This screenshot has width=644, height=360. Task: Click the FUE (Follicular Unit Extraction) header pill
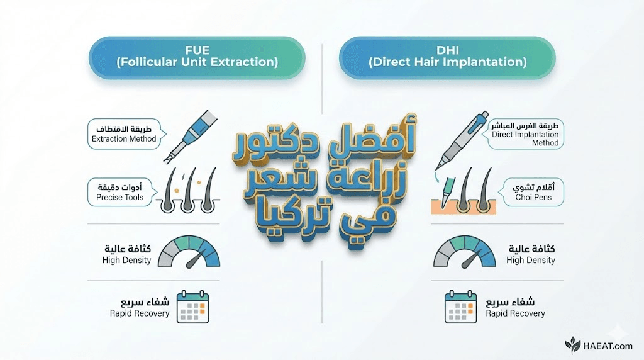tap(197, 57)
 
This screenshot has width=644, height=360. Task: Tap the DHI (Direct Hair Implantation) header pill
tap(447, 57)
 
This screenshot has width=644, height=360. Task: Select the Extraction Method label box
tap(125, 134)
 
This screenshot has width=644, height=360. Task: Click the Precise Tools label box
tap(122, 193)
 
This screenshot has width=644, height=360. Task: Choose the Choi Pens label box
tap(531, 192)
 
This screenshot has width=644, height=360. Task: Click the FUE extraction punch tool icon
tap(190, 136)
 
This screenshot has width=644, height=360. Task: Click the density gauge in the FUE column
tap(189, 252)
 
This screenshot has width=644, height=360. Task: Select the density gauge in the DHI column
tap(465, 252)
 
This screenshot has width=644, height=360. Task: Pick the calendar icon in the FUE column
tap(192, 307)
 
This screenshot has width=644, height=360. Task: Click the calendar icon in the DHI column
tap(460, 307)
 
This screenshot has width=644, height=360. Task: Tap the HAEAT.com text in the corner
tap(608, 346)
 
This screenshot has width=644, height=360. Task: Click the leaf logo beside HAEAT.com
tap(573, 345)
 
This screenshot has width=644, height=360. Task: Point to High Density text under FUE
tap(126, 260)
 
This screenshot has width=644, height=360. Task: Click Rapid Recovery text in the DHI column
tap(516, 313)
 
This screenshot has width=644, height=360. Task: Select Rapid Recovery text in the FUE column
tap(140, 313)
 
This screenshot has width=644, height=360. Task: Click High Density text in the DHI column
tap(531, 260)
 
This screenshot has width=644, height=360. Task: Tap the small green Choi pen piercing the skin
tap(447, 192)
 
